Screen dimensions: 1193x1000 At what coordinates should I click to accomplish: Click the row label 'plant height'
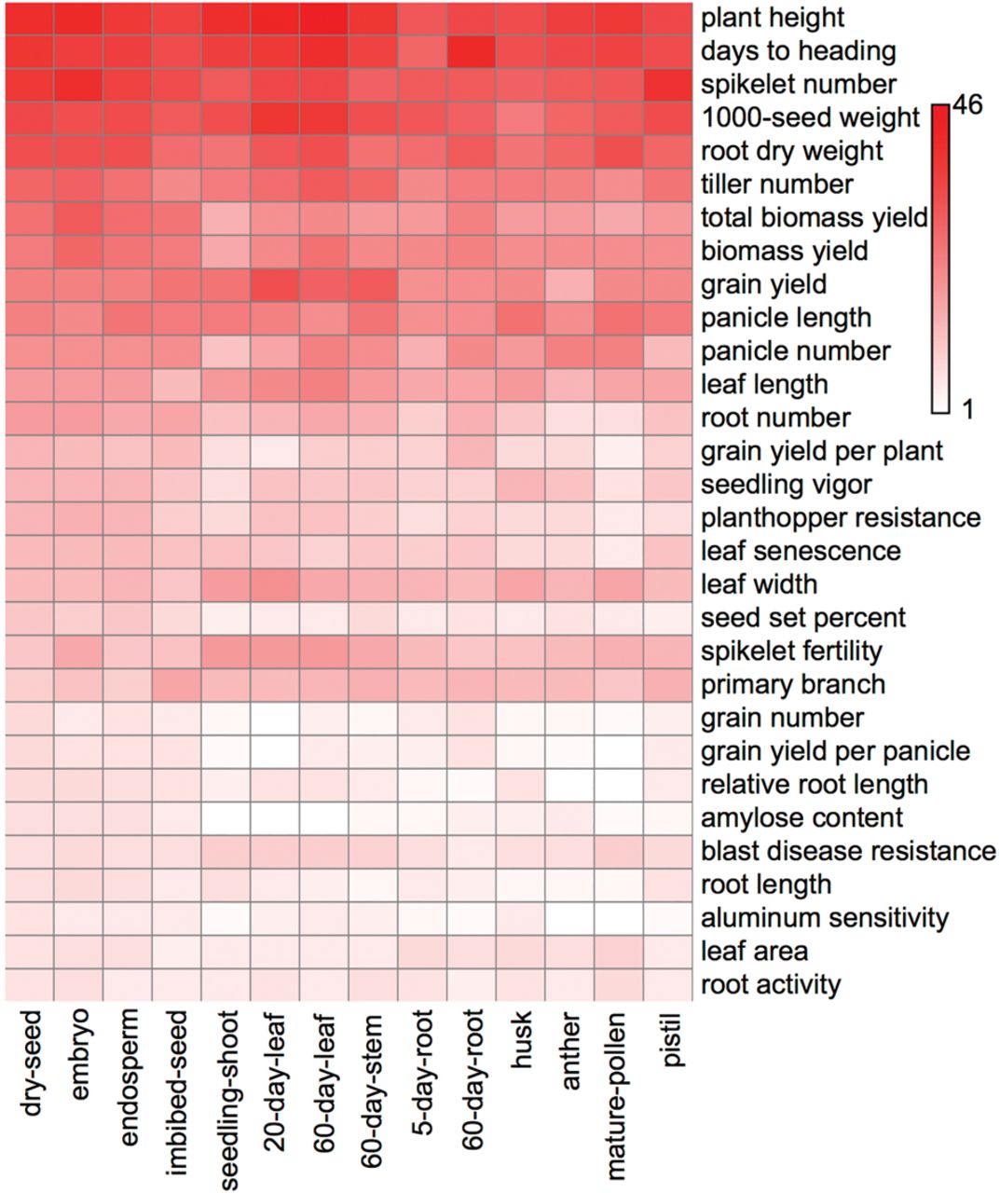[773, 18]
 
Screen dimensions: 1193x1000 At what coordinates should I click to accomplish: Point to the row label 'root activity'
[771, 984]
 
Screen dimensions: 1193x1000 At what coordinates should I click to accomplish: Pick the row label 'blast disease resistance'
[848, 851]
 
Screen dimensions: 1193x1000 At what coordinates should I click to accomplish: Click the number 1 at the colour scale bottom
[966, 409]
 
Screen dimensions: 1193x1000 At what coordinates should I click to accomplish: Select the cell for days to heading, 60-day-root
[473, 51]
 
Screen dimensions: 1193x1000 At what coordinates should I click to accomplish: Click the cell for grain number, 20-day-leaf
[275, 718]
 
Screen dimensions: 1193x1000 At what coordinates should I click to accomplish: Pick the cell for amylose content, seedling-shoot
[226, 817]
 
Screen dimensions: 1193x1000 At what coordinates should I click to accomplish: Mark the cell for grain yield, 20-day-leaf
[275, 284]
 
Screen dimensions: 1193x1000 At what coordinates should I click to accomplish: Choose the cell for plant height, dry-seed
[30, 18]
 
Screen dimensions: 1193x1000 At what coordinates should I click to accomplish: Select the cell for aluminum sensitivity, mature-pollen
[620, 918]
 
